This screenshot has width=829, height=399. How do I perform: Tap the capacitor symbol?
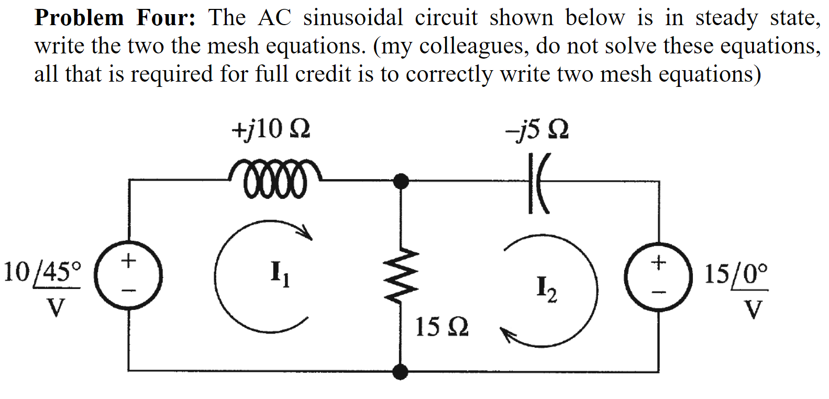pyautogui.click(x=537, y=183)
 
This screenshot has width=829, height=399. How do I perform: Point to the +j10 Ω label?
pyautogui.click(x=271, y=129)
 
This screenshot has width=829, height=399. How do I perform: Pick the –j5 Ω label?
pyautogui.click(x=537, y=130)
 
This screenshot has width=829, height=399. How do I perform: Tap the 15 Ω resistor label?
pyautogui.click(x=441, y=327)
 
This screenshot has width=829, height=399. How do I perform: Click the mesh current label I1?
pyautogui.click(x=279, y=273)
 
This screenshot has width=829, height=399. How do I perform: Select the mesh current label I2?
pyautogui.click(x=546, y=290)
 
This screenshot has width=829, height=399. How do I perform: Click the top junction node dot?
pyautogui.click(x=401, y=181)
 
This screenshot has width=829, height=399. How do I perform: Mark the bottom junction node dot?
pyautogui.click(x=401, y=372)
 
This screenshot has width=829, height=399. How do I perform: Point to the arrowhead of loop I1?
pyautogui.click(x=306, y=234)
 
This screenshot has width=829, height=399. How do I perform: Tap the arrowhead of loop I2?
pyautogui.click(x=506, y=335)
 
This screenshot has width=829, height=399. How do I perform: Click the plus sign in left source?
pyautogui.click(x=128, y=260)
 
